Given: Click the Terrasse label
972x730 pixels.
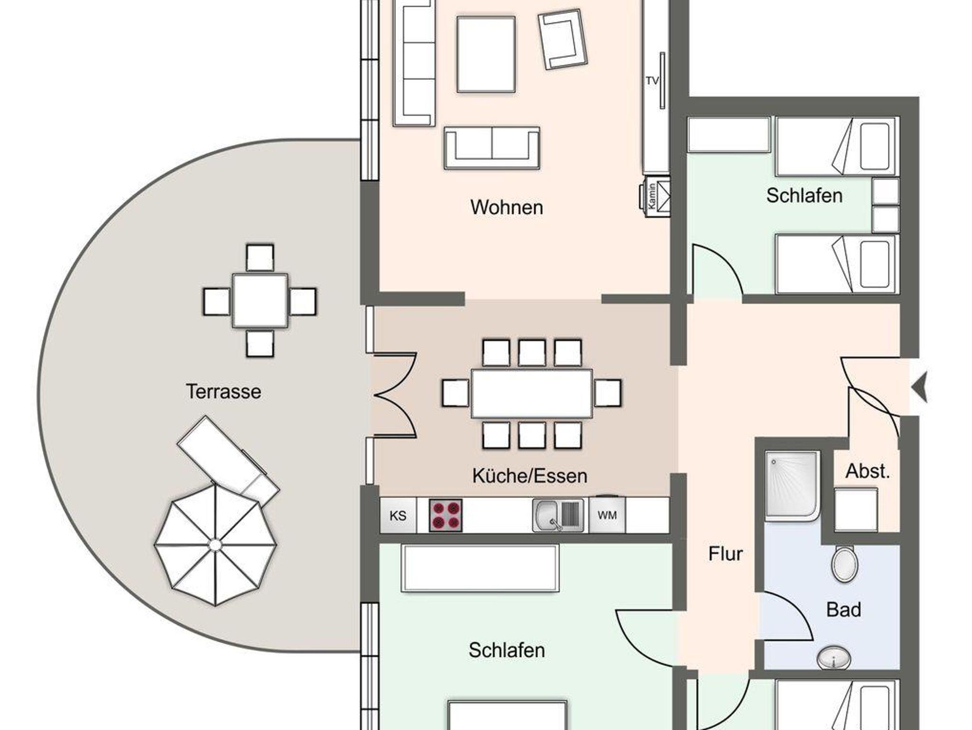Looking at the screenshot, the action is [224, 392].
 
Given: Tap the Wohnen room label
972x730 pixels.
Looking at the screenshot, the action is [507, 207].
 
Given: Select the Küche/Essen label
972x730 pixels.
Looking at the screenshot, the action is [530, 476].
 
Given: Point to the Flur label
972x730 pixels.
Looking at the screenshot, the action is [725, 553].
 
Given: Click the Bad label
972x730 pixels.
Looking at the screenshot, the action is [843, 609].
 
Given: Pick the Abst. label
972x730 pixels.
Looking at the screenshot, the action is [868, 471].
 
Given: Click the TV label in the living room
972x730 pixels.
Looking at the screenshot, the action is [652, 81].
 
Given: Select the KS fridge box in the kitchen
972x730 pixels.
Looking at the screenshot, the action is [398, 515].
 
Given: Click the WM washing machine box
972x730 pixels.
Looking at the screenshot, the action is [607, 515].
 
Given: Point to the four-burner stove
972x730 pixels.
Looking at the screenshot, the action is [446, 515].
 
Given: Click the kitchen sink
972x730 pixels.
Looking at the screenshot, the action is [559, 515].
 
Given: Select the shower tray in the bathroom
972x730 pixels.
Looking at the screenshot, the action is [792, 487].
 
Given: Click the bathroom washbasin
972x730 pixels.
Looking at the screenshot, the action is [834, 658].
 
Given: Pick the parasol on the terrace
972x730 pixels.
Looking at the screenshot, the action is [215, 544].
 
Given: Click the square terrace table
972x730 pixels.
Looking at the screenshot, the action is [260, 300].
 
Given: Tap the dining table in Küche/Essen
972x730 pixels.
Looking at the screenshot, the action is [532, 393].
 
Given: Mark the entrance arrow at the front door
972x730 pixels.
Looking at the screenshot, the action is [920, 387].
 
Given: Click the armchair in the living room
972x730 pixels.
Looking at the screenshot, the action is [562, 39].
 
